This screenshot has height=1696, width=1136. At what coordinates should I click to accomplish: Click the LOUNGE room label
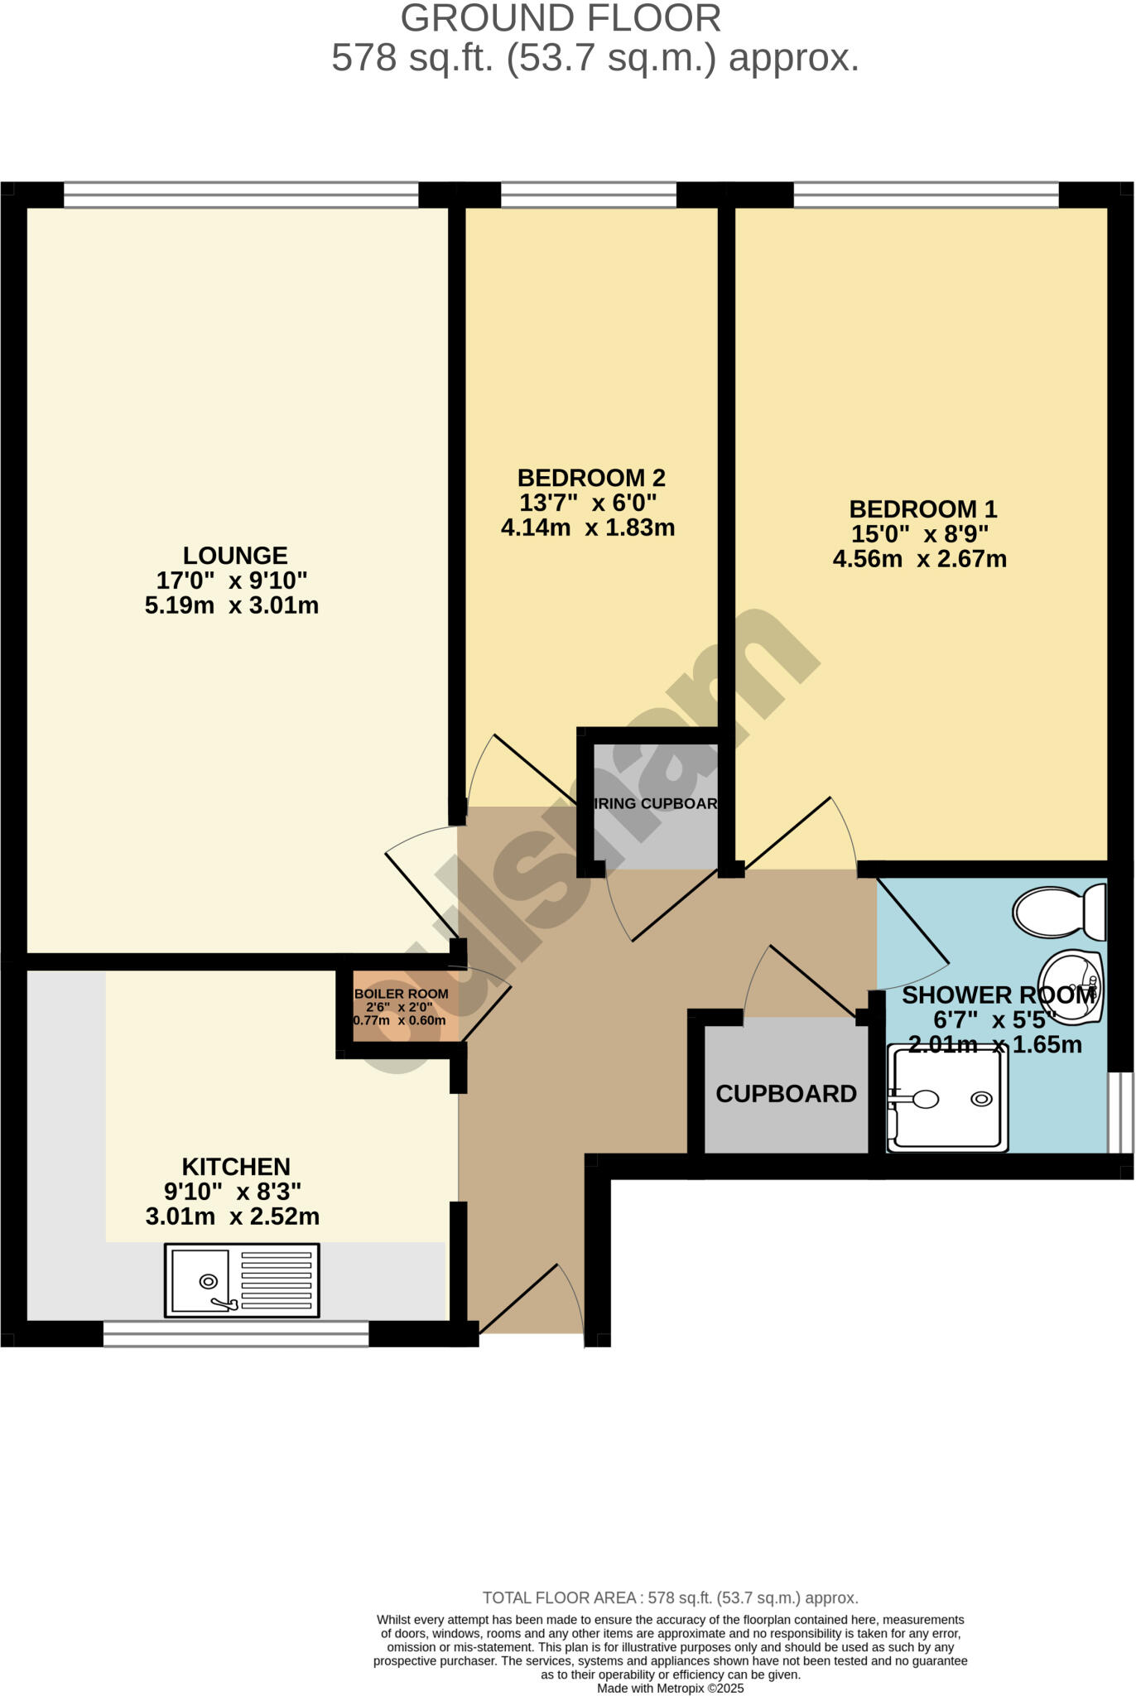tap(235, 556)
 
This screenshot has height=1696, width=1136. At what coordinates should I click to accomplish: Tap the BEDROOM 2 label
tap(590, 478)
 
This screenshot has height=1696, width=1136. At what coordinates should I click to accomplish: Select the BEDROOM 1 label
tap(922, 508)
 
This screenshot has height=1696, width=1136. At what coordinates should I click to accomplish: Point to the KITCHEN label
tap(236, 1167)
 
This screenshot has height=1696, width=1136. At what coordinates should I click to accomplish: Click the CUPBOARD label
tap(786, 1094)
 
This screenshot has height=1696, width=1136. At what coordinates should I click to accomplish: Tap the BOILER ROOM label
tap(401, 994)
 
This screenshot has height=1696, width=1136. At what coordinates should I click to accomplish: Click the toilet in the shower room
tap(1058, 912)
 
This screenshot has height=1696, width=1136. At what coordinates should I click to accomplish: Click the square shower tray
tap(947, 1098)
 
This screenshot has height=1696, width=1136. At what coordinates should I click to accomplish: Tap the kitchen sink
tap(241, 1280)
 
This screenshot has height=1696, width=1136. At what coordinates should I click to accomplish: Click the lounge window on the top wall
tap(241, 195)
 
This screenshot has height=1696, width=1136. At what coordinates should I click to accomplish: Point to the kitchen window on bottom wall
tap(236, 1333)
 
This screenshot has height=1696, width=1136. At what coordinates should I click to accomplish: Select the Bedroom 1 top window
tap(926, 195)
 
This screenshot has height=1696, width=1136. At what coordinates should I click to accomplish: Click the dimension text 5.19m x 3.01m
tap(232, 605)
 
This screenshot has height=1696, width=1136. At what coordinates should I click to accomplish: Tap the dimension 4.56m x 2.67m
tap(919, 559)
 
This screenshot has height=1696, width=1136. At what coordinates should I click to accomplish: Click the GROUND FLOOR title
tap(561, 18)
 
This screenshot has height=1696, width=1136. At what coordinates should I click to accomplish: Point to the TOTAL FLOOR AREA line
tap(670, 1597)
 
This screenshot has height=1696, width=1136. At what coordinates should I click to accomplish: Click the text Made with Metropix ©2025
tap(670, 1688)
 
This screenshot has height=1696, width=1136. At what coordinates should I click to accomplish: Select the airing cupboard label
tap(656, 803)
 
